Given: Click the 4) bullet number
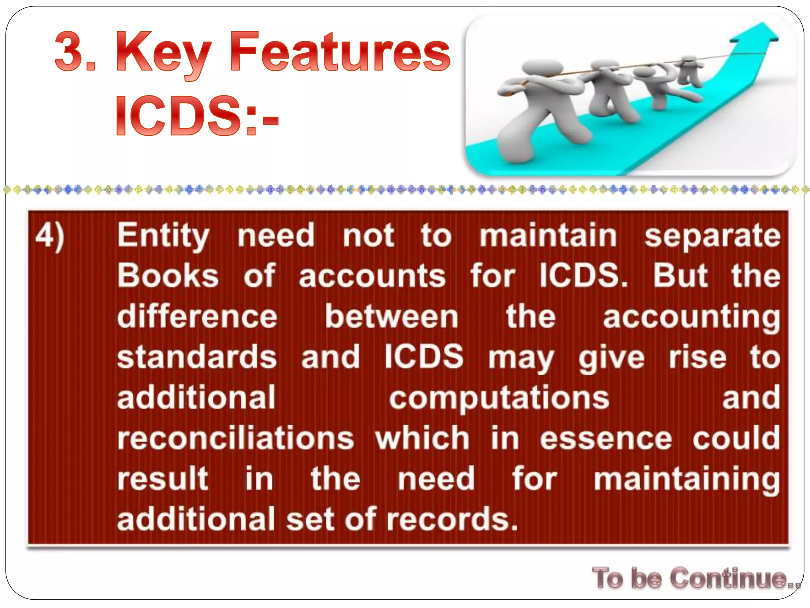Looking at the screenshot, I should (49, 236).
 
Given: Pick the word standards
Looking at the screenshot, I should (197, 357).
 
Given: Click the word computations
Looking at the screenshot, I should (499, 398).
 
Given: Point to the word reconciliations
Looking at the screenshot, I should (236, 439).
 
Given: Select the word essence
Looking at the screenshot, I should (606, 439).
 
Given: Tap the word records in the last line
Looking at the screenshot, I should (451, 519).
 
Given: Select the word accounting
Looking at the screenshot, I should (691, 317).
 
